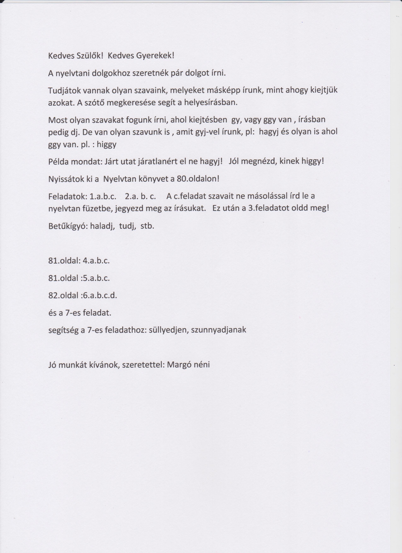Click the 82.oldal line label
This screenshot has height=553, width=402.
pos(63,296)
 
